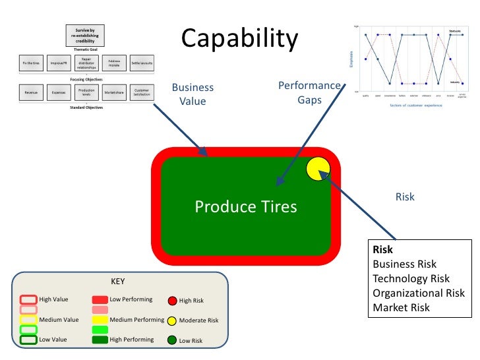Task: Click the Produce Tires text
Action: click(245, 207)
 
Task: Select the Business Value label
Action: click(193, 94)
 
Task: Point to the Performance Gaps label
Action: click(309, 93)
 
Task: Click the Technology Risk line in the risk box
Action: click(411, 279)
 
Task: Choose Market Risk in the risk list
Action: click(401, 307)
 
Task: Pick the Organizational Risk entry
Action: click(418, 293)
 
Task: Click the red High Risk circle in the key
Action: click(172, 301)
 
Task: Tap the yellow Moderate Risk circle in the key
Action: click(172, 320)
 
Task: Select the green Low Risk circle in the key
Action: click(172, 341)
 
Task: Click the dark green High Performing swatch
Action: click(100, 340)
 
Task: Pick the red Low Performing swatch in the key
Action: click(100, 300)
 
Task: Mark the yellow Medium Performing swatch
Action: click(100, 320)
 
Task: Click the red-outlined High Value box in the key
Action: click(28, 300)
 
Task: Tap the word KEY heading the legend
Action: click(117, 282)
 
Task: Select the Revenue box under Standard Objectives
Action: click(31, 93)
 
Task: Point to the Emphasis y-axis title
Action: click(351, 59)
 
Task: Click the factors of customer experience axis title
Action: click(415, 105)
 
